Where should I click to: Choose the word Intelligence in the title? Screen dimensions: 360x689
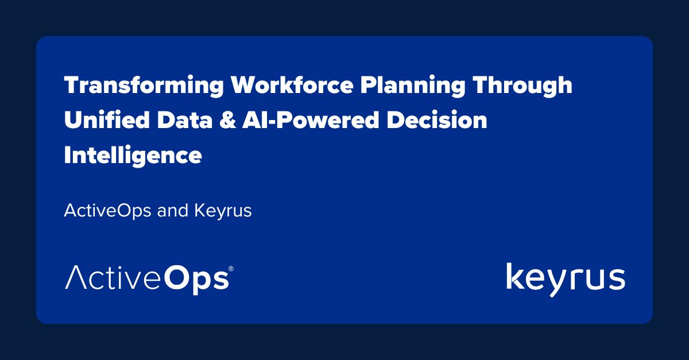(133, 156)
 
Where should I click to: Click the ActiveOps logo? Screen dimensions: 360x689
(149, 279)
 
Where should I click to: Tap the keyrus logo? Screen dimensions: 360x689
(566, 279)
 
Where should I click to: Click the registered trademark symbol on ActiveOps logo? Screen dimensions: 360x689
(231, 269)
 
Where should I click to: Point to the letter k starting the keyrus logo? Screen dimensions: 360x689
(515, 277)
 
